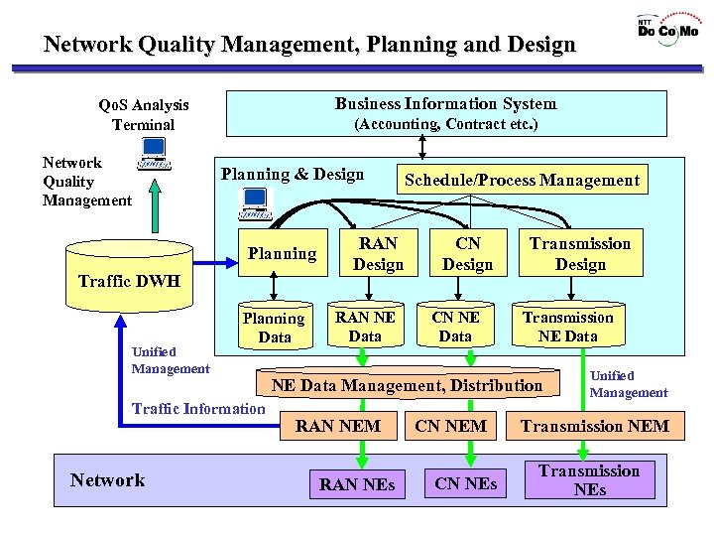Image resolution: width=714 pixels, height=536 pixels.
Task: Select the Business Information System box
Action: [446, 113]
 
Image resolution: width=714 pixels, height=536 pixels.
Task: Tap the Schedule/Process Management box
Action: [522, 180]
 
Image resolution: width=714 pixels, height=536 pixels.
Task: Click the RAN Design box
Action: [378, 253]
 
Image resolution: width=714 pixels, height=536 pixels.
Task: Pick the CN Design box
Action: [467, 253]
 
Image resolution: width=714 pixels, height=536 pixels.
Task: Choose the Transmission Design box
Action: [580, 253]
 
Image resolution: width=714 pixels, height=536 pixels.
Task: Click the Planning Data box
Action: [274, 328]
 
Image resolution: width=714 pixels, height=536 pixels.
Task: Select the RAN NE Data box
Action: [365, 327]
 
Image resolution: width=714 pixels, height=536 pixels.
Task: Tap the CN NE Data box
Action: [455, 327]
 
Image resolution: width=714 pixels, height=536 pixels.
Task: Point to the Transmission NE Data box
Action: [568, 327]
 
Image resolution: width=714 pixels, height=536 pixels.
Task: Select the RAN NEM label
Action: [338, 427]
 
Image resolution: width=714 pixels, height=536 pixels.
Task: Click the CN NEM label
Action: [450, 427]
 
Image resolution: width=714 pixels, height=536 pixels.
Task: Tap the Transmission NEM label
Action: [595, 427]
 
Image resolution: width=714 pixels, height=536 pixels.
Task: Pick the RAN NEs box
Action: [357, 484]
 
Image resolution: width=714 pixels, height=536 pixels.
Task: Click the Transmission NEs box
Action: [589, 480]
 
